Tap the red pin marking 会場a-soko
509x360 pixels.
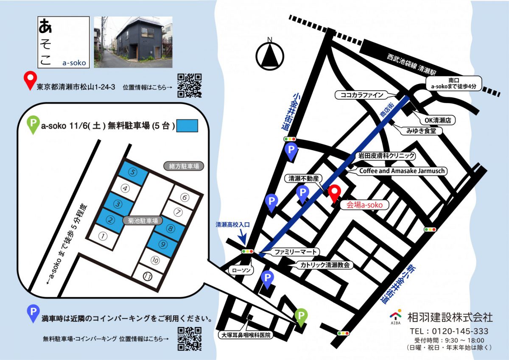pos(334,193)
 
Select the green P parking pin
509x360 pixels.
pos(301,317)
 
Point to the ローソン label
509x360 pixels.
pos(241,270)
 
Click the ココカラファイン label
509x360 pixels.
pos(359,95)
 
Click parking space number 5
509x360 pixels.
pos(133,173)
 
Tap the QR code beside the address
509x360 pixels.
pos(189,85)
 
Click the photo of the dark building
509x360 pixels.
pos(133,42)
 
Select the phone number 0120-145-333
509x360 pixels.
pos(449,331)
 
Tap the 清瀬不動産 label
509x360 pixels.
pos(303,179)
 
